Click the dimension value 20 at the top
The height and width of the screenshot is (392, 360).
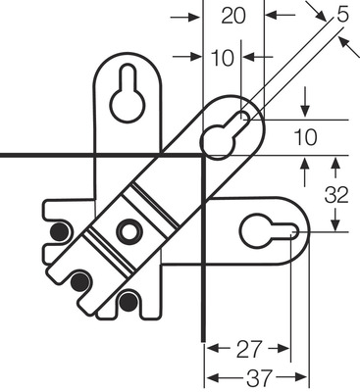(233, 16)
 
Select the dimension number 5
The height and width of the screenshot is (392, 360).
(341, 16)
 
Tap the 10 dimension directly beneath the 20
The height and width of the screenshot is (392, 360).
(224, 58)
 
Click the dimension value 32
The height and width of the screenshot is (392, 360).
(336, 195)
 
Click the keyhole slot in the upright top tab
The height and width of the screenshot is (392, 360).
(127, 96)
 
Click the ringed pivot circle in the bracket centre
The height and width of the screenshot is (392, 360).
(127, 231)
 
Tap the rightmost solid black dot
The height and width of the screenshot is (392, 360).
(128, 299)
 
